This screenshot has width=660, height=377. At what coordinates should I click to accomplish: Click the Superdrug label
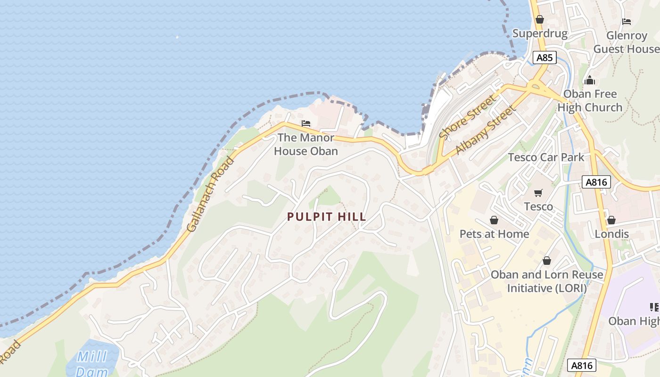pos(540,33)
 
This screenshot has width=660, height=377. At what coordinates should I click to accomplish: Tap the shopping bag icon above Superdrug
pos(540,20)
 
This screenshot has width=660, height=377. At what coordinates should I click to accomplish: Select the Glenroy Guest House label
pos(627,42)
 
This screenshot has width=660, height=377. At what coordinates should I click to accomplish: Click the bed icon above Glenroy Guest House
pos(627,22)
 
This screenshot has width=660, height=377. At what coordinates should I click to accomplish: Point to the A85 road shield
pos(544,57)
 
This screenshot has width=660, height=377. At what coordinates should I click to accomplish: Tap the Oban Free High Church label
pos(590,100)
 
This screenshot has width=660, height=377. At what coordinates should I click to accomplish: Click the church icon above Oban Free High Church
pos(589,80)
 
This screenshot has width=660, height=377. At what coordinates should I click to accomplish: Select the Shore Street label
pos(468,117)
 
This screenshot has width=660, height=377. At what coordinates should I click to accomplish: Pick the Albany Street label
pos(485,131)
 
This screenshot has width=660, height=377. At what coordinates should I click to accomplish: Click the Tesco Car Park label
pos(546,157)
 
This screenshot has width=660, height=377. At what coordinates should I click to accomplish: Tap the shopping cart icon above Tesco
pos(538,193)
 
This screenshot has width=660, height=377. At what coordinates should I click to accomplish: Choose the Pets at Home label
pos(494,234)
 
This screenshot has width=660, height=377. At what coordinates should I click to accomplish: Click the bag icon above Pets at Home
pos(494,220)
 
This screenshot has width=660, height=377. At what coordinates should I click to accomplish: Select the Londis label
pos(611,234)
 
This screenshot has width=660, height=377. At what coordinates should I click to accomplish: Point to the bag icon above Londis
pos(611,220)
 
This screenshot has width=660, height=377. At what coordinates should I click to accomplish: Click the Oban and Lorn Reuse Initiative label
pos(547,281)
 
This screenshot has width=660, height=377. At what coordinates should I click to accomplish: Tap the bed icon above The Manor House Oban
pos(306,124)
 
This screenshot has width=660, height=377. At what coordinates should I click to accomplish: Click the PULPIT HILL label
pos(327,217)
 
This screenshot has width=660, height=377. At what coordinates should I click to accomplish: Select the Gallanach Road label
pos(210,194)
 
